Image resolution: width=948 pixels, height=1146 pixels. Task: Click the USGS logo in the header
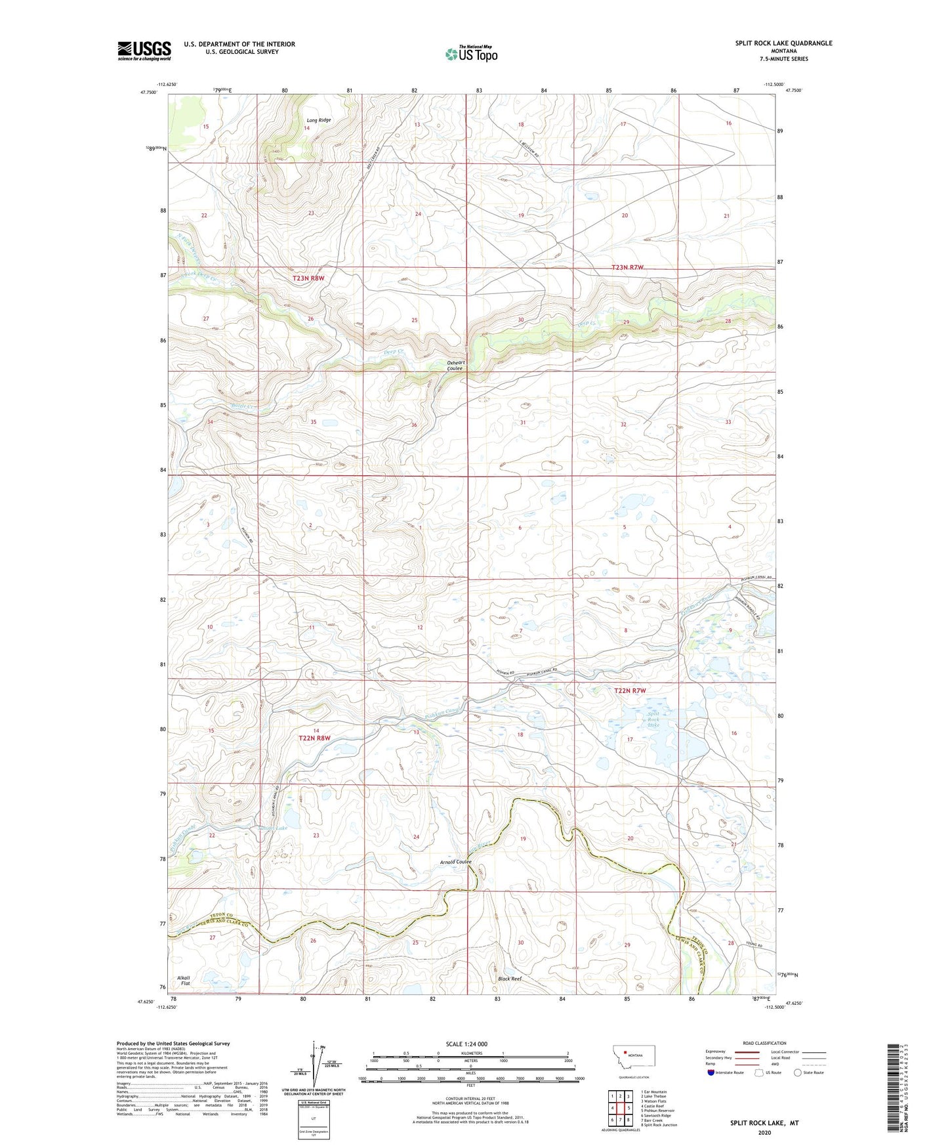point(144,51)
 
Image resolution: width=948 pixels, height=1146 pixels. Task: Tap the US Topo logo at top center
point(470,53)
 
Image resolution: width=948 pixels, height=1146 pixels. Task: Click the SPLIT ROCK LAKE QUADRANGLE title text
point(783,43)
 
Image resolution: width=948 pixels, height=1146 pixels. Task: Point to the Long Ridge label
point(319,120)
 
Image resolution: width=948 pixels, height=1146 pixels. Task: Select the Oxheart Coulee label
point(455,366)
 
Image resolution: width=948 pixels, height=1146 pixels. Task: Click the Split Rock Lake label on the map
point(653,719)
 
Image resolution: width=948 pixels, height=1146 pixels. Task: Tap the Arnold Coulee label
point(456,862)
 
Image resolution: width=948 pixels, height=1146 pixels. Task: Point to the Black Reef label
point(510,979)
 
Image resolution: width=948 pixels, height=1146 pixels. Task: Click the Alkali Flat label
point(184,981)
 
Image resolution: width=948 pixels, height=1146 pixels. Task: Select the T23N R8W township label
point(308,278)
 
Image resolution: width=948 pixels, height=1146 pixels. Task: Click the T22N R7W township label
point(630,690)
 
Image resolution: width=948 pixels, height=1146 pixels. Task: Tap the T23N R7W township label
point(628,267)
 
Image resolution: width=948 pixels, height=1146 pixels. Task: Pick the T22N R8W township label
point(315,738)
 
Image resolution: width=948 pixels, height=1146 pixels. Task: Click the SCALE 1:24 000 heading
point(466,1044)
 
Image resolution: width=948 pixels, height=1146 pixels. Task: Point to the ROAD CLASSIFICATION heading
point(764,1043)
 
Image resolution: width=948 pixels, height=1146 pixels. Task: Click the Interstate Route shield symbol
point(711,1072)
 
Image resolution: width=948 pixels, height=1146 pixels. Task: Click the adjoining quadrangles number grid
point(620,1108)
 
